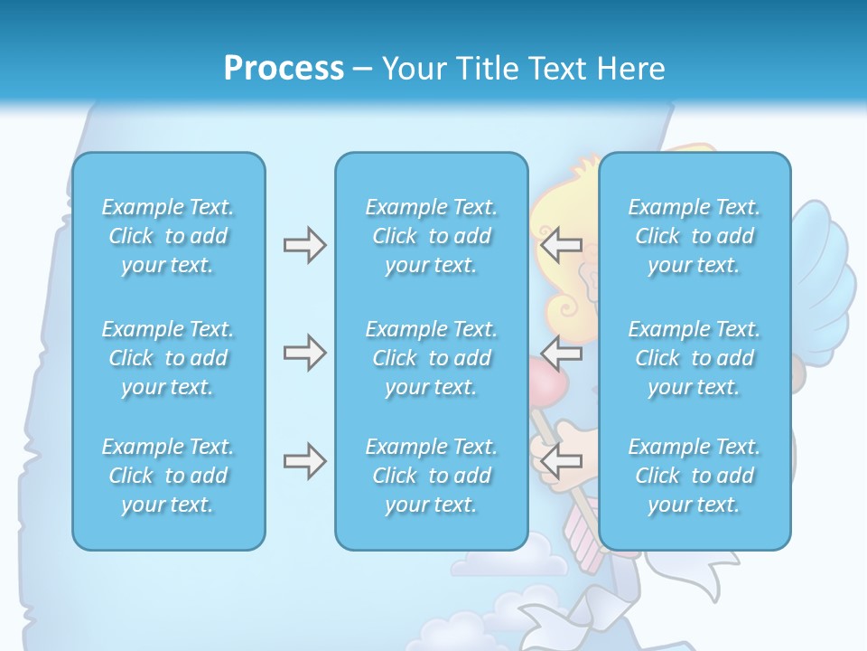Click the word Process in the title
point(284,69)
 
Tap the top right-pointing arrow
point(304,245)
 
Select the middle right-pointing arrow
point(304,353)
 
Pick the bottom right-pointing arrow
point(304,461)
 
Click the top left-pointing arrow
point(561,245)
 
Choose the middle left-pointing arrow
point(561,353)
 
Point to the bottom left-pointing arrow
point(561,461)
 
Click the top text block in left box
point(168,236)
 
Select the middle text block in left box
point(168,358)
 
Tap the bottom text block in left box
point(168,476)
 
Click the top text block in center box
point(431,236)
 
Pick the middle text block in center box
point(431,358)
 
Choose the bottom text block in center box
point(431,476)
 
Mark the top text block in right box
point(694,236)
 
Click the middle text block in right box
point(694,358)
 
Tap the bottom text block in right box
point(694,476)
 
